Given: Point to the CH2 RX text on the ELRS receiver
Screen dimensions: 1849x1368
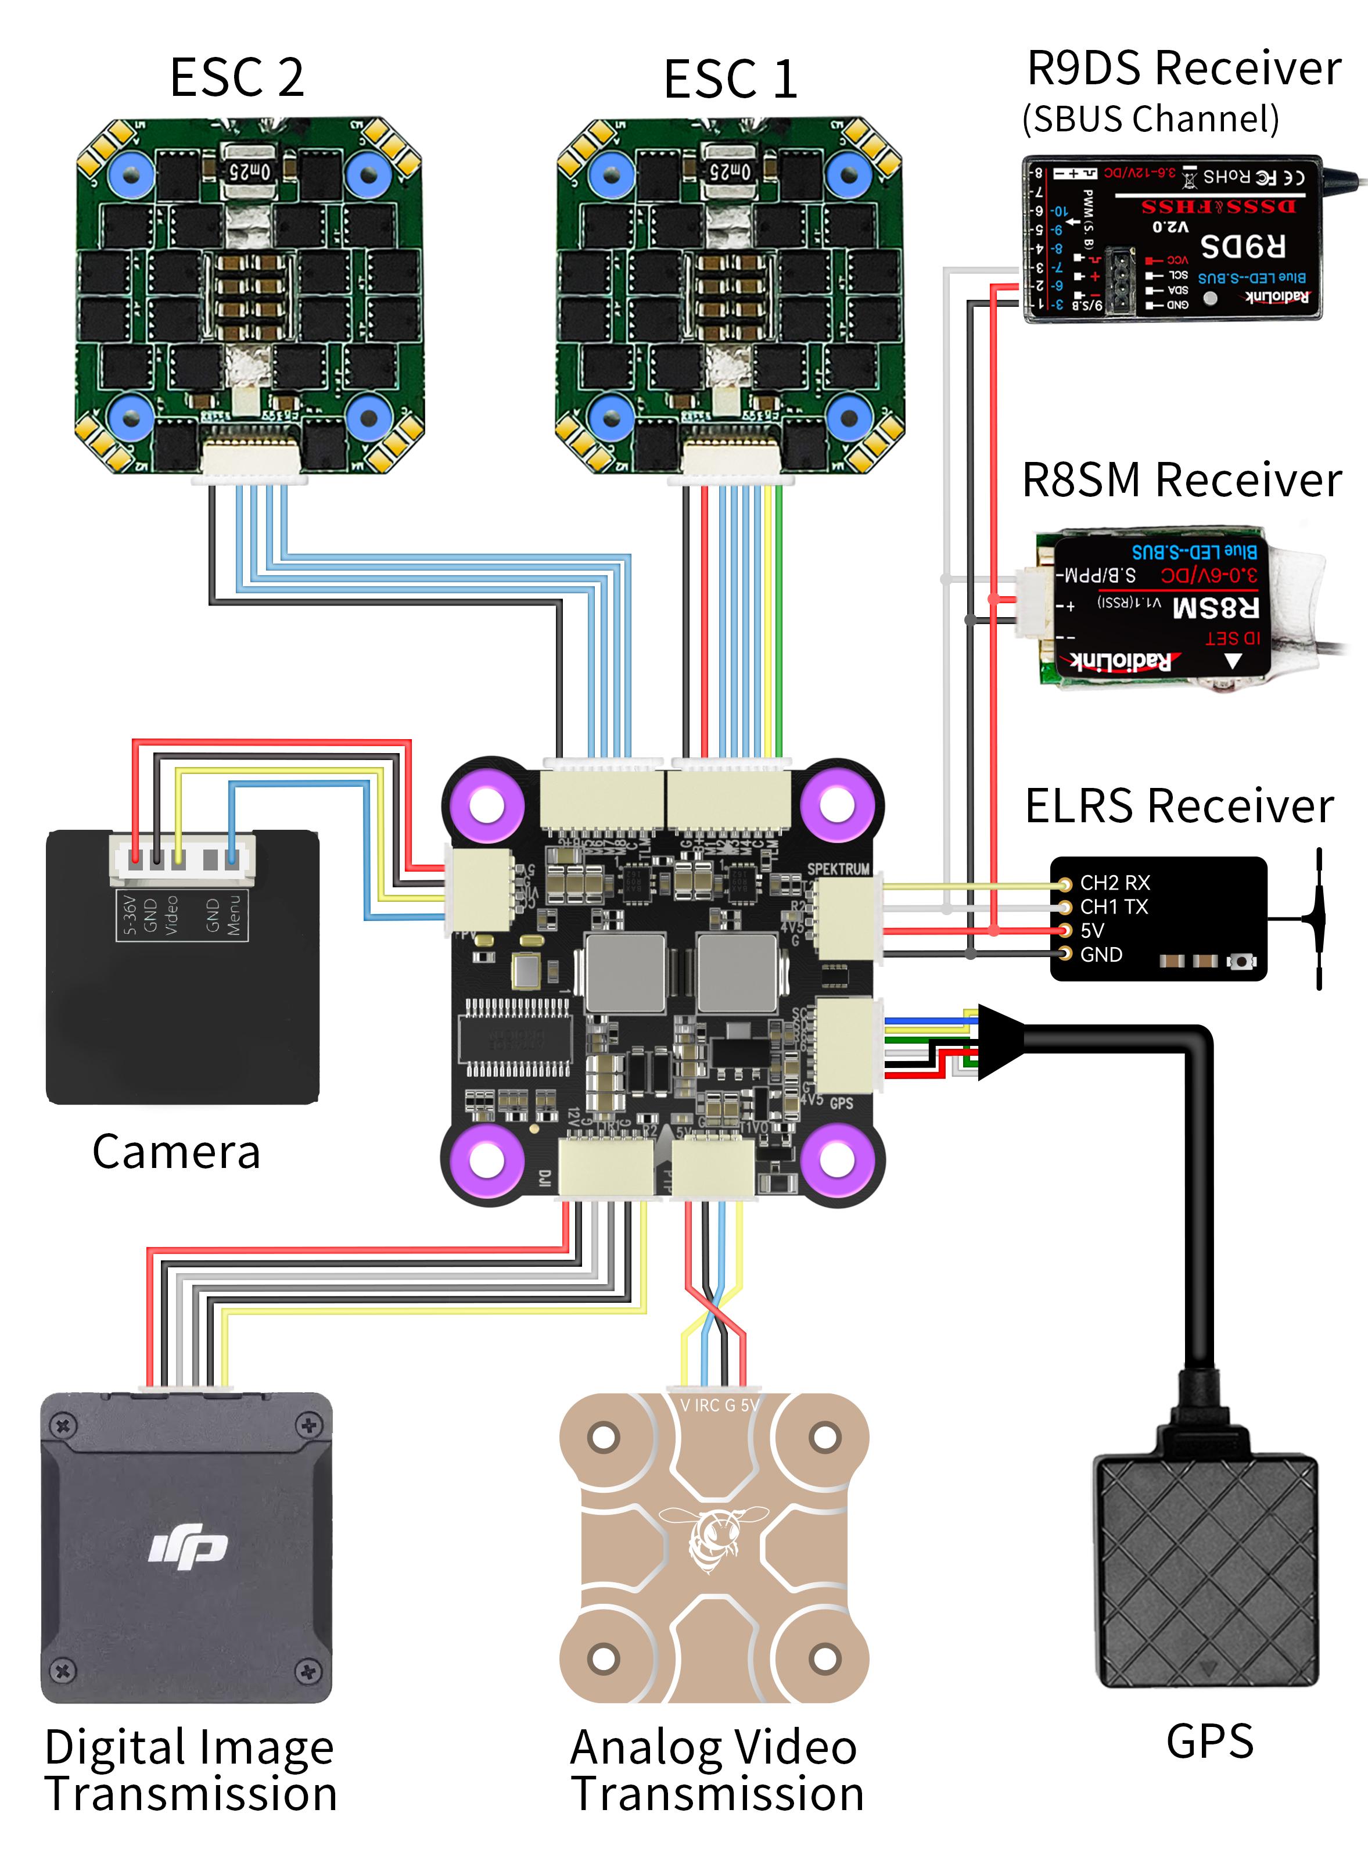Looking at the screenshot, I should click(1115, 883).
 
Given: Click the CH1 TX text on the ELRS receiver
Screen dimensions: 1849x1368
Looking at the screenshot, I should click(1114, 907).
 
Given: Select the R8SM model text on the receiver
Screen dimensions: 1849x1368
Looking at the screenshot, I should click(1216, 607).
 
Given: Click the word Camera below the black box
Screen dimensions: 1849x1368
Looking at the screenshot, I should click(177, 1152).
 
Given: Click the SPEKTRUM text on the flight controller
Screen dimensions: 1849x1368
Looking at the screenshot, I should click(838, 869).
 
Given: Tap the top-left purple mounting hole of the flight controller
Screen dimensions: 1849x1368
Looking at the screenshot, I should click(486, 804).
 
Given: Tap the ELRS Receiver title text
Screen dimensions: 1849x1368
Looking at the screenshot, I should click(1179, 806).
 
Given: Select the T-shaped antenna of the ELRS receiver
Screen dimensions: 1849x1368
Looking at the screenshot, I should click(1317, 918).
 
